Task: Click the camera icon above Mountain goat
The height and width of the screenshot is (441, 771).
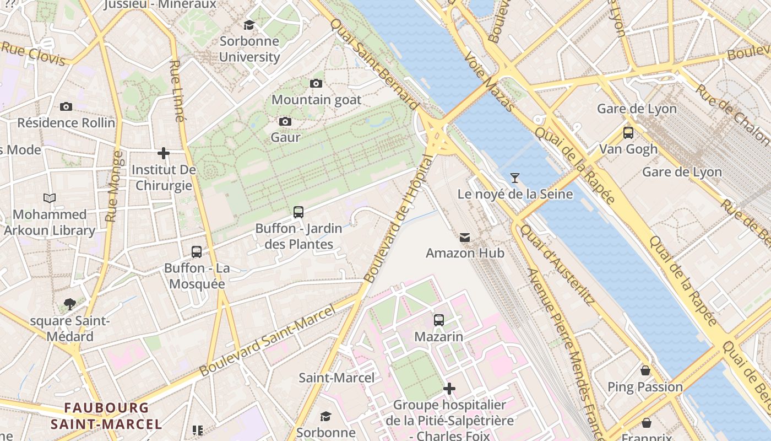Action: (316, 83)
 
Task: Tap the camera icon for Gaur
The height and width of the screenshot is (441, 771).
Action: (285, 121)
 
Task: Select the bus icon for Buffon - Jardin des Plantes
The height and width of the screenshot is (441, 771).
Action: (298, 212)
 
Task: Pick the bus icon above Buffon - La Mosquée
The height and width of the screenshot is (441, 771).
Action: (197, 252)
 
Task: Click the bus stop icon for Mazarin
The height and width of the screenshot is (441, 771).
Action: (439, 320)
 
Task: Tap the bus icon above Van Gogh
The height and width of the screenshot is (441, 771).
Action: (628, 133)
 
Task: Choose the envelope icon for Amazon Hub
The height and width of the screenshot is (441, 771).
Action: (465, 238)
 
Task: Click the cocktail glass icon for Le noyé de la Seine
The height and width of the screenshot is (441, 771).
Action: (514, 178)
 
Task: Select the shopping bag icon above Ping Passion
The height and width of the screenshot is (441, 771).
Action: (645, 370)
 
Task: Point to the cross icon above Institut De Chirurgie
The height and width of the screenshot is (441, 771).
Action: (164, 153)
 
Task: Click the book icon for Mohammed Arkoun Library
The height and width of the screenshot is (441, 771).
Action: (50, 198)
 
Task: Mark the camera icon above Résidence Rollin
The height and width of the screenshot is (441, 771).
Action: (66, 106)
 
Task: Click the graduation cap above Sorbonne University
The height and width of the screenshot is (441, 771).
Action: (249, 25)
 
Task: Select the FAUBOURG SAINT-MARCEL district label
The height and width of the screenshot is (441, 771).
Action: (106, 416)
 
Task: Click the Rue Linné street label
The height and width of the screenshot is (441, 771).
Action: (177, 91)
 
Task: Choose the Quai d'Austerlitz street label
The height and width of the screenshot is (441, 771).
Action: (557, 265)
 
